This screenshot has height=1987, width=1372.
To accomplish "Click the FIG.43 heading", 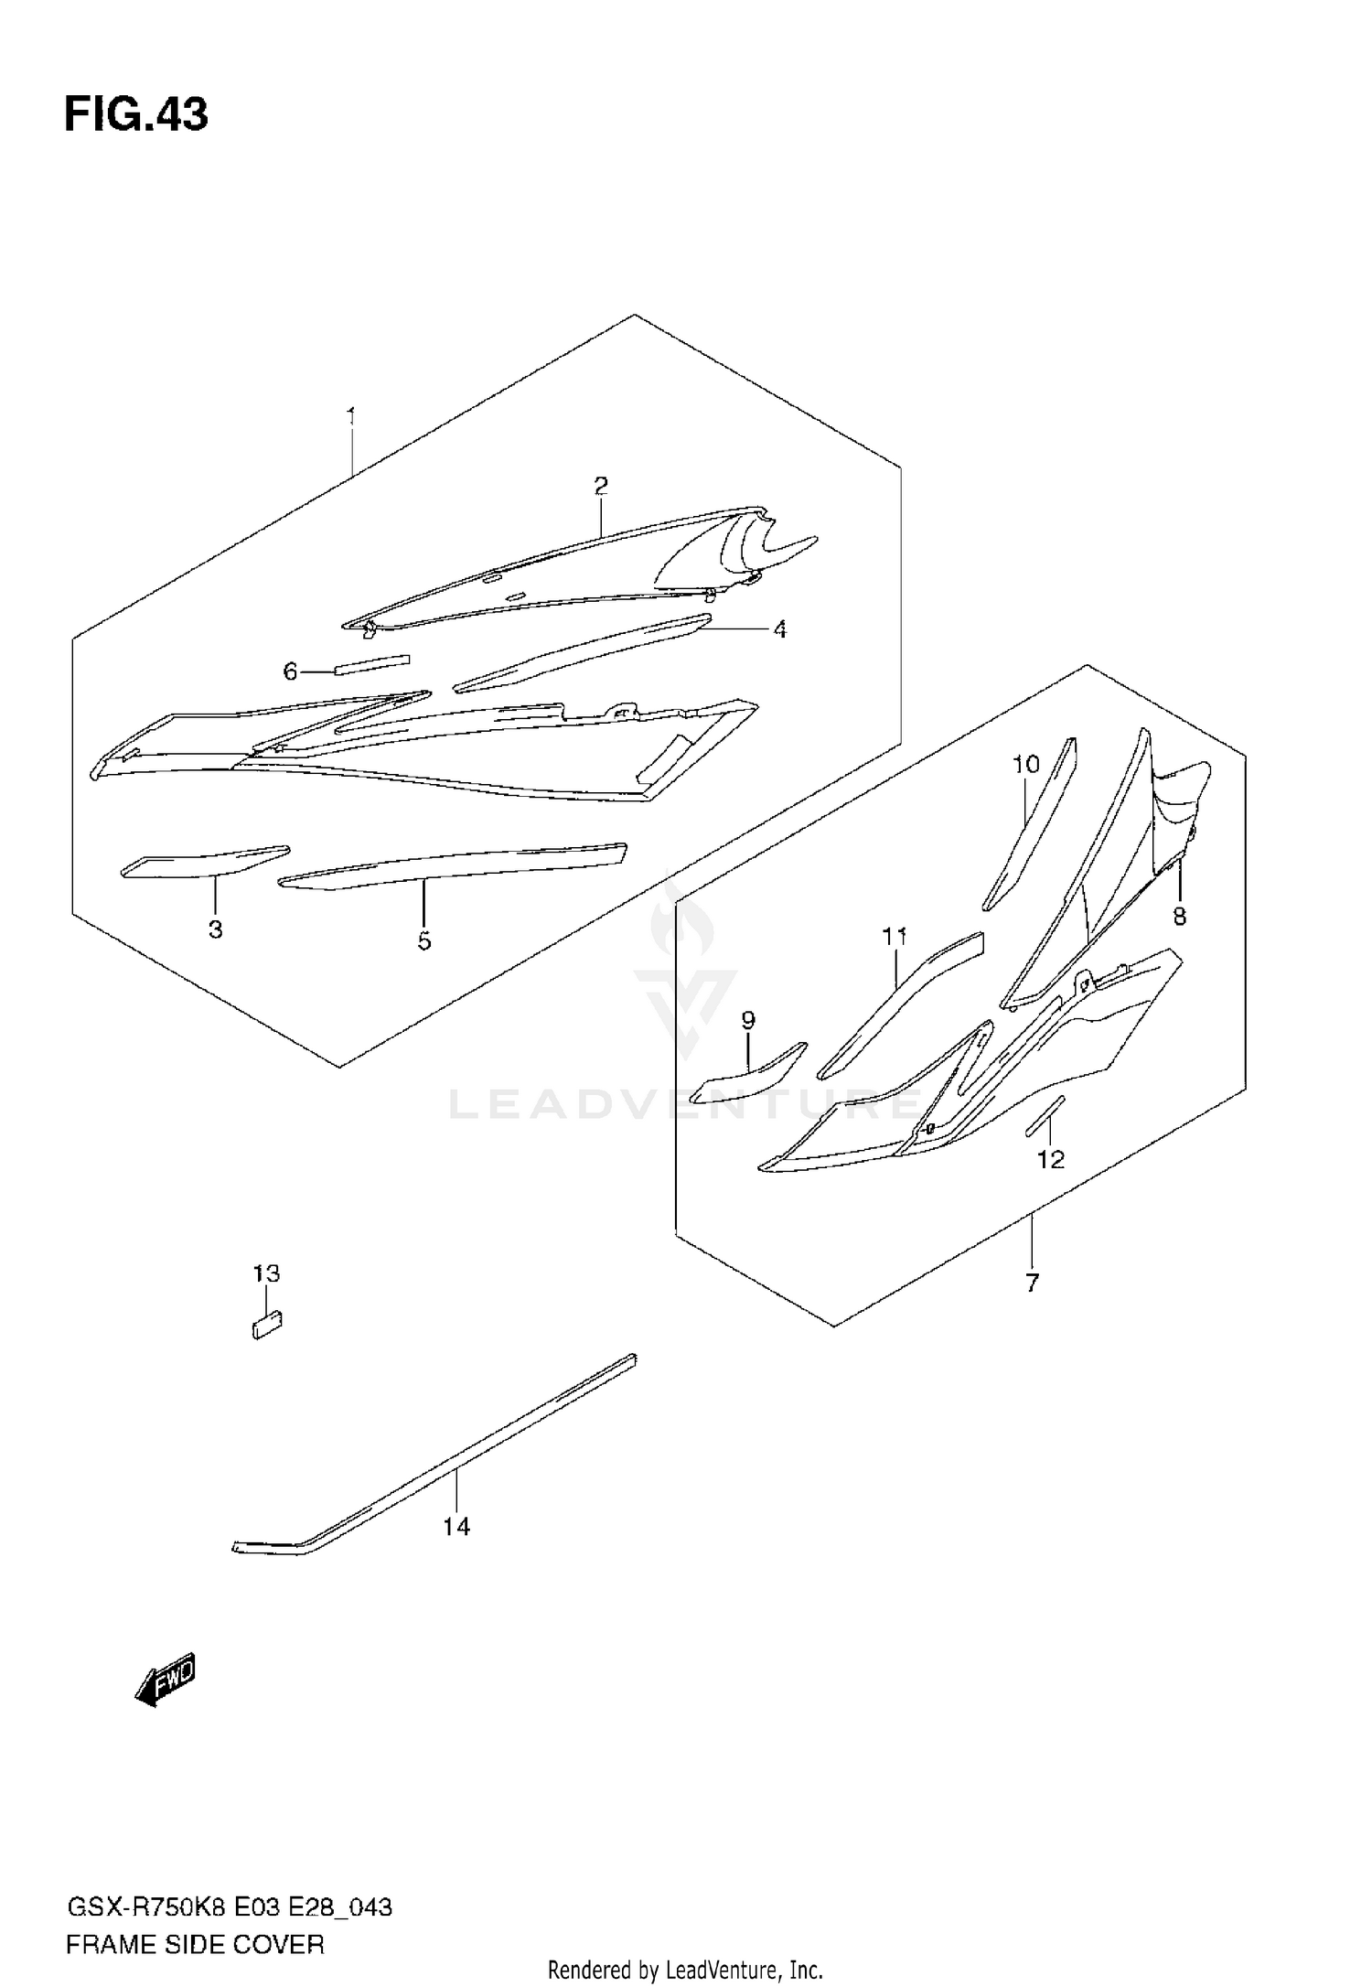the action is tap(136, 116).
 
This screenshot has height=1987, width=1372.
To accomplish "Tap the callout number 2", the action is tap(600, 486).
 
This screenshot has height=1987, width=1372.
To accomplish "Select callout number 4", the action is tap(779, 629).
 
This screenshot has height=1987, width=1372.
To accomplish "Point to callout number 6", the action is tap(290, 672).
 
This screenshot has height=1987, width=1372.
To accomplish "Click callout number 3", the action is tap(216, 929).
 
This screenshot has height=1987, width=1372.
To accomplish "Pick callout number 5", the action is tap(424, 940).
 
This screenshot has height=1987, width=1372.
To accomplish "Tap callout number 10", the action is tap(1026, 764).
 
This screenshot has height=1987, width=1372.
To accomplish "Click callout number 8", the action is tap(1179, 916).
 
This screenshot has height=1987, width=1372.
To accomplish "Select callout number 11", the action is tap(894, 937).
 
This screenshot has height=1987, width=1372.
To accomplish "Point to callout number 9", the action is tap(748, 1020).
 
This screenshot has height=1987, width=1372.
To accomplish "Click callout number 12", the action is tap(1051, 1160).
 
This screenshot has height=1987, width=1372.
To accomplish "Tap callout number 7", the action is tap(1032, 1283).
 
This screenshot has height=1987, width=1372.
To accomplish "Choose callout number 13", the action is tap(266, 1273).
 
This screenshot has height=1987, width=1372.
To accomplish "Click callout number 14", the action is tap(456, 1526).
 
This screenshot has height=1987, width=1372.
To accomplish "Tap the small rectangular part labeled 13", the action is tap(267, 1325).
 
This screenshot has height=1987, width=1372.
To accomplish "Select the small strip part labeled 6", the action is tap(372, 663).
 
